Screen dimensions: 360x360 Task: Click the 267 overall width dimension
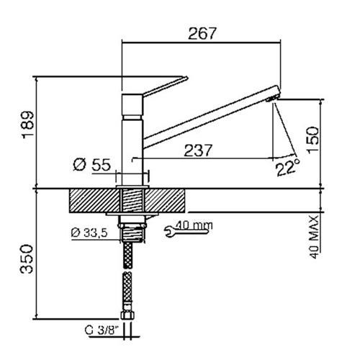coord(202,33)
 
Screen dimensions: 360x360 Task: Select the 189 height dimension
coord(28,125)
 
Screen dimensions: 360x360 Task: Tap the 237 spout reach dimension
coord(198,150)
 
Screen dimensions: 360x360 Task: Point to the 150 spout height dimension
coord(313,139)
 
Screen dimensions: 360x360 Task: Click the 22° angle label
coord(288,167)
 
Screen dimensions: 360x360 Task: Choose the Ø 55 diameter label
coord(92,165)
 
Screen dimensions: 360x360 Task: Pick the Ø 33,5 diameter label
coord(89,233)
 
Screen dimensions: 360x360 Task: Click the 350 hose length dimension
coord(27,259)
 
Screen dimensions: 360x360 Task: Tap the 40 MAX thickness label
coord(314,237)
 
